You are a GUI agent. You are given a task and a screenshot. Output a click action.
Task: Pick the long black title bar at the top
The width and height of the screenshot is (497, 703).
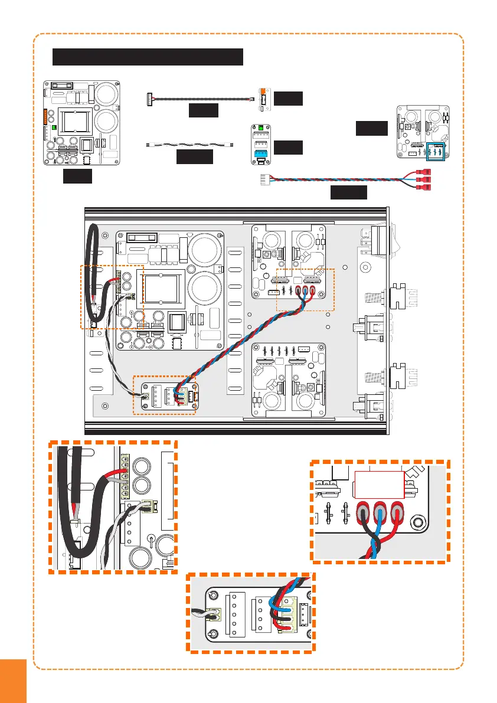point(148,57)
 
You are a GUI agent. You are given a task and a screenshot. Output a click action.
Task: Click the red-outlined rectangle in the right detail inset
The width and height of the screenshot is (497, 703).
point(378,485)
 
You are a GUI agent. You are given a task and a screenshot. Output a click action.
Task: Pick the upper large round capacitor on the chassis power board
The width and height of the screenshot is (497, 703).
point(204,248)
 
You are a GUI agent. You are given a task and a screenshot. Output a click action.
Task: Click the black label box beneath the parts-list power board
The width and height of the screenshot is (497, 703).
point(77,176)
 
